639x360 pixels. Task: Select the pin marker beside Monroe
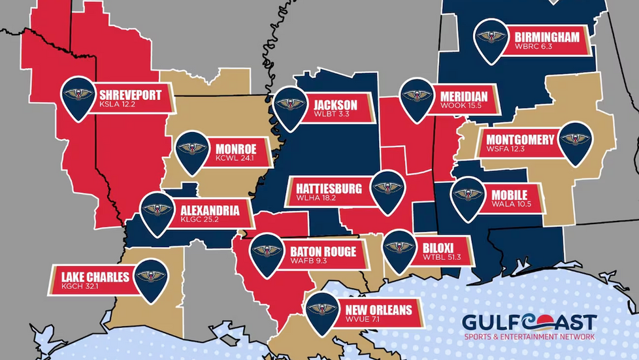click(x=193, y=151)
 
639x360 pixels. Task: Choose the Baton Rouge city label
click(x=323, y=251)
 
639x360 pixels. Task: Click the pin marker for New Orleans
click(x=321, y=310)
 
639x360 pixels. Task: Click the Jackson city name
click(x=335, y=105)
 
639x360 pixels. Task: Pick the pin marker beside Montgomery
click(x=576, y=140)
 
